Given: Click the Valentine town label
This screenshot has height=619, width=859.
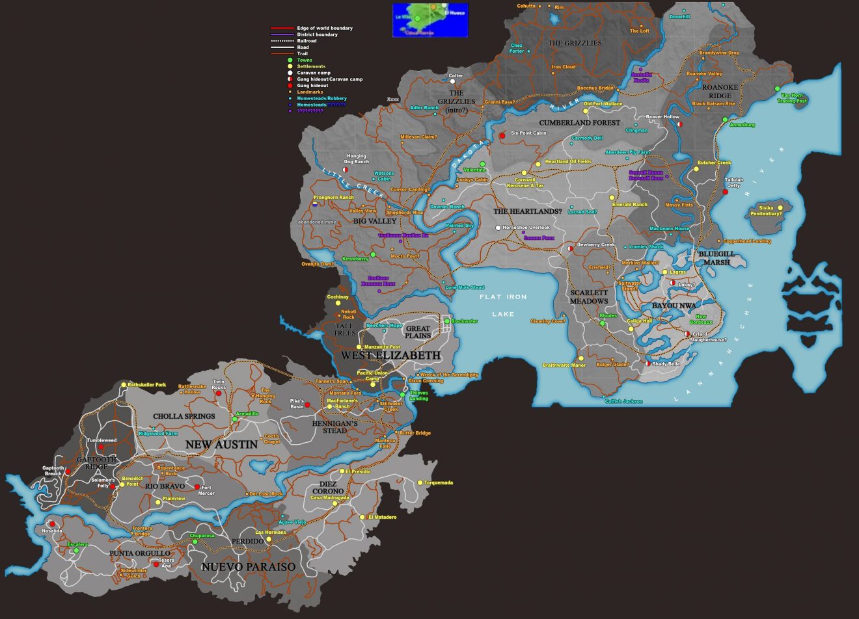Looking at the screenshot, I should [474, 170].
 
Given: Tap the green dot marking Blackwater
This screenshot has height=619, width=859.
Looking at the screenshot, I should [447, 321].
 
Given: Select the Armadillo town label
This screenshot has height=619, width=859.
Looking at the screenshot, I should [247, 414].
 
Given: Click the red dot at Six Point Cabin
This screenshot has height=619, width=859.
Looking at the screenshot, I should [502, 135].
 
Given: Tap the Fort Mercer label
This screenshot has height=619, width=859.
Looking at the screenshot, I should [206, 490].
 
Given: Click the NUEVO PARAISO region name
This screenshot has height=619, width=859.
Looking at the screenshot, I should [248, 567].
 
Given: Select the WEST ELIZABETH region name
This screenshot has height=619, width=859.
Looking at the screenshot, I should [390, 356].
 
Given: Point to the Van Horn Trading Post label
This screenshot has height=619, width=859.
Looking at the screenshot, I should [793, 98].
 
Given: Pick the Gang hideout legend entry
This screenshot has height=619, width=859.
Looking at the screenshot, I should [312, 86].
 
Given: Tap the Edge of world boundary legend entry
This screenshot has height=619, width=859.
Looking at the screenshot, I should [325, 28].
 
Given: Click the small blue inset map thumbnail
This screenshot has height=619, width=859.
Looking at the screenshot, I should [430, 20].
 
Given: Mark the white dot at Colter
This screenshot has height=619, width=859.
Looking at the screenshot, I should [452, 82].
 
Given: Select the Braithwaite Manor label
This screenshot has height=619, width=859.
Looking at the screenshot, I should [564, 365].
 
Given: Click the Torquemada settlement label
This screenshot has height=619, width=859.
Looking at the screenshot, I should [439, 482].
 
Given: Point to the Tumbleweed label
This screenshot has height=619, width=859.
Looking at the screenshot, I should [102, 441].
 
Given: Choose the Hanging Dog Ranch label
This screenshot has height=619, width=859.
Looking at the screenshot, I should [356, 159].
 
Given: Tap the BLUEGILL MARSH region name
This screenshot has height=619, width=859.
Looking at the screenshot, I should [715, 257].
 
